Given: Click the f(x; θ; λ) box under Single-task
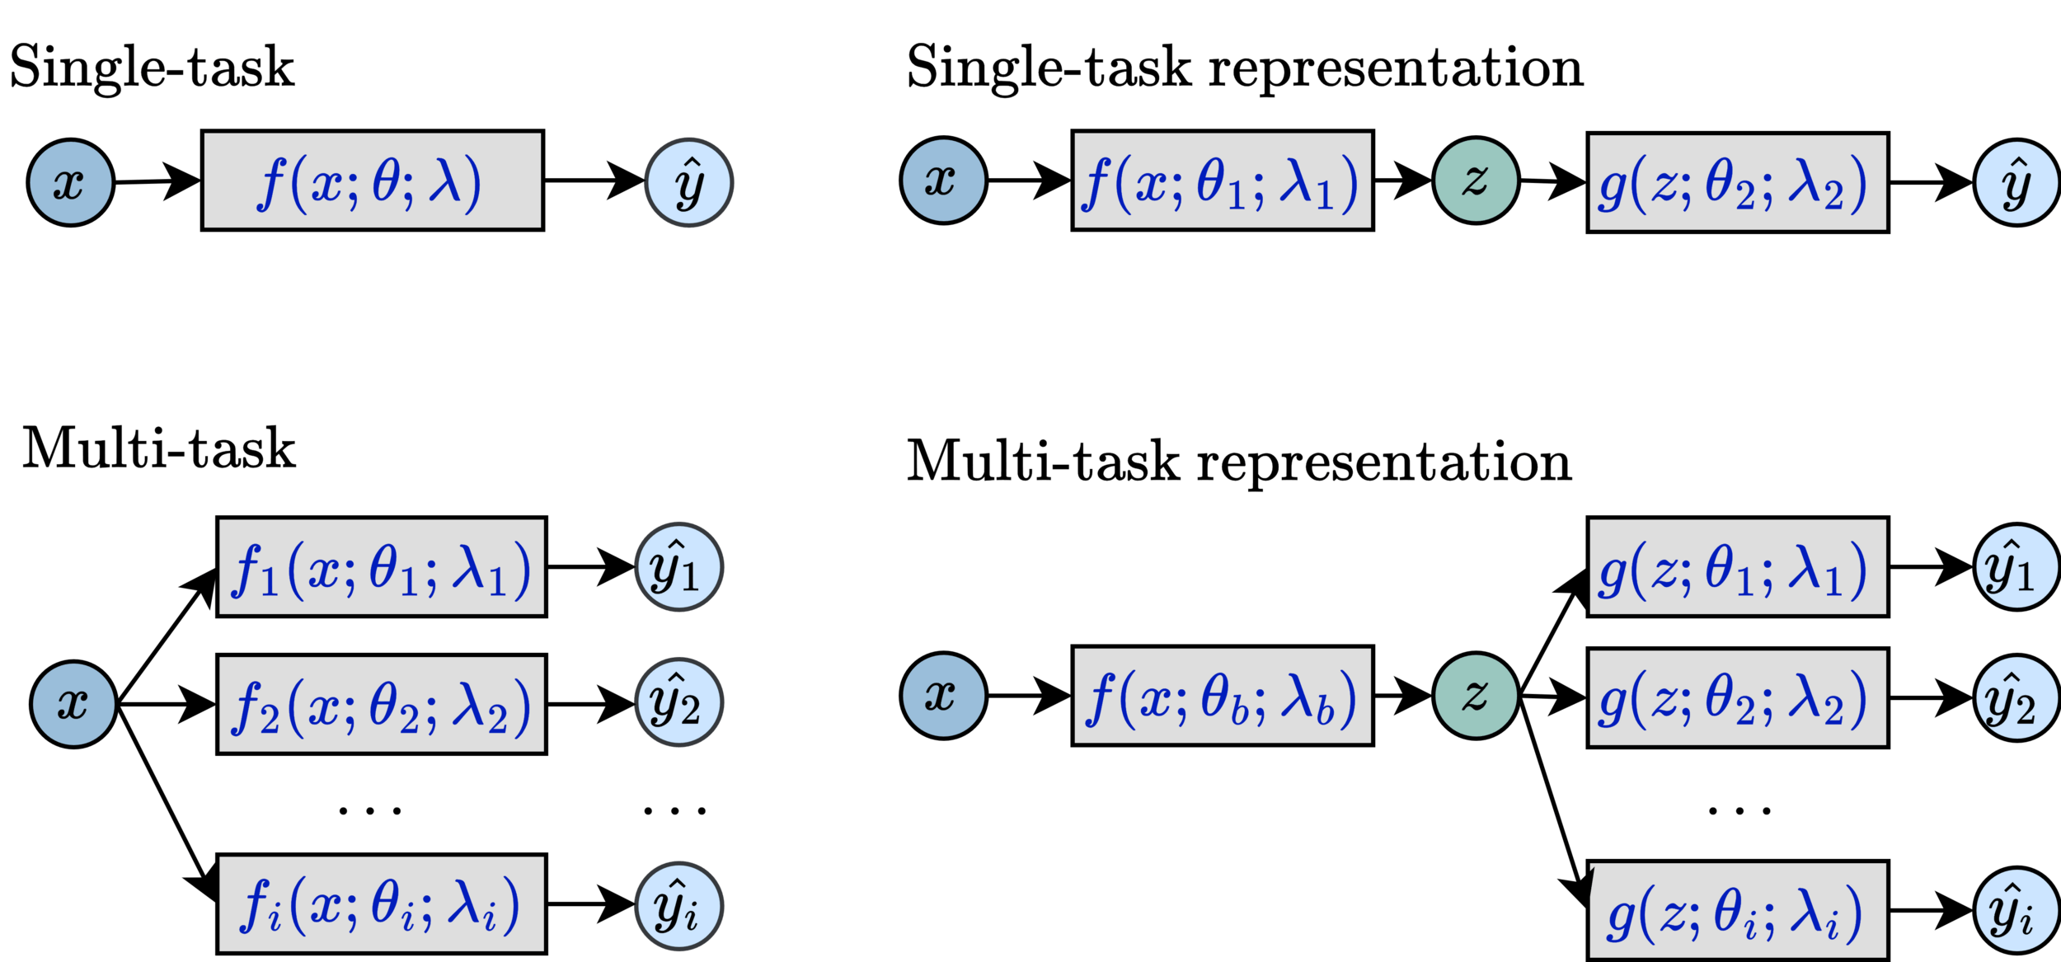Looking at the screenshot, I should click(372, 181).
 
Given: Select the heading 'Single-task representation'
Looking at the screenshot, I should click(1244, 68).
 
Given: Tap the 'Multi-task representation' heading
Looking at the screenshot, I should click(1238, 462).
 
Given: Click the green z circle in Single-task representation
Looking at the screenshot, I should click(1475, 181).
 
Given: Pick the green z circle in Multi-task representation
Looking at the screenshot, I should click(1475, 696).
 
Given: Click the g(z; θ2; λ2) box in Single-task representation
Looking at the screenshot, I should click(1738, 183).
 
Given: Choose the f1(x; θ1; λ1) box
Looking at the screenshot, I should click(381, 567).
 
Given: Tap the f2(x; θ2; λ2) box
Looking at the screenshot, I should click(381, 705).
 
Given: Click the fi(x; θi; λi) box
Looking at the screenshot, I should click(381, 904).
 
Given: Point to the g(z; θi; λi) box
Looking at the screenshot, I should click(1738, 911).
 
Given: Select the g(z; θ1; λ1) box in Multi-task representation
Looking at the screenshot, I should click(1738, 567).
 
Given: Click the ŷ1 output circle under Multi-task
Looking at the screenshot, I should click(678, 567).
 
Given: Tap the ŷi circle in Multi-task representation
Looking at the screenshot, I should click(2016, 911).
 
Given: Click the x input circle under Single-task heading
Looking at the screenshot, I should click(70, 182).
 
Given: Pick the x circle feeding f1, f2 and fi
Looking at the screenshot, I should click(73, 705).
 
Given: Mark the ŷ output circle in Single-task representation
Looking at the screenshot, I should click(2016, 183).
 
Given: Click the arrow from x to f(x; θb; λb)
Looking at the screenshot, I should click(1028, 696).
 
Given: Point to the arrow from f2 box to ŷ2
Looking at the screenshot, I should click(590, 705).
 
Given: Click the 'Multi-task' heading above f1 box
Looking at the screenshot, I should click(158, 450).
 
